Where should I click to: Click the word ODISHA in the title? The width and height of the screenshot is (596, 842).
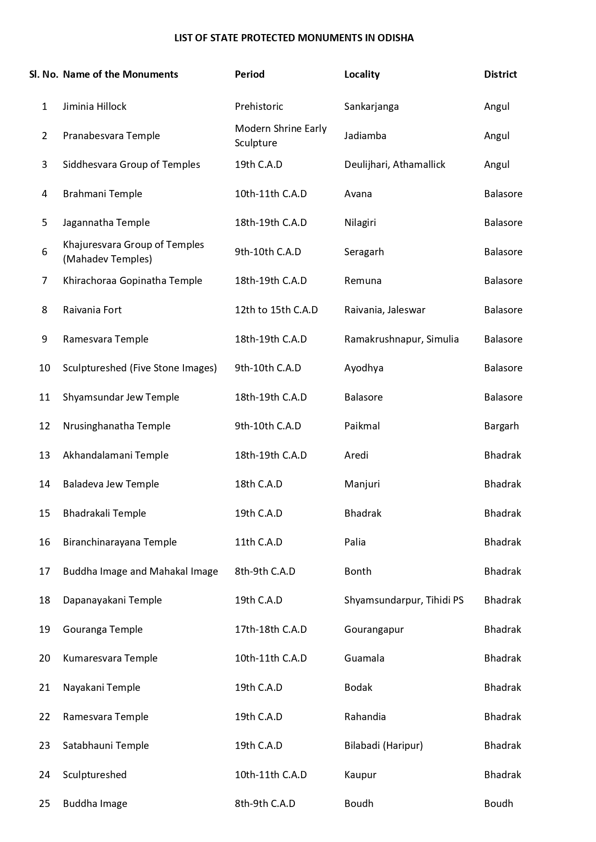pos(395,38)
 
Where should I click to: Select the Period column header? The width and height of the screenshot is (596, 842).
pos(249,74)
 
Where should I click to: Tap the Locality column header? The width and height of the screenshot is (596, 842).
pos(362,74)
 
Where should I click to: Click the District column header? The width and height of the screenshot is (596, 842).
pos(500,74)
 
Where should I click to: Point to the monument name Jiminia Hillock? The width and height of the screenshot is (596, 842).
pos(95,107)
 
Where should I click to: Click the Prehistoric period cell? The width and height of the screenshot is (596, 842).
pos(259,107)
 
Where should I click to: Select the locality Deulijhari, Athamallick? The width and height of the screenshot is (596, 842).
pos(394,165)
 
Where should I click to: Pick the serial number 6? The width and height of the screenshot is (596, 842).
pos(45,252)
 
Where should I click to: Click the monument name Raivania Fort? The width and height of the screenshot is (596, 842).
pos(92,310)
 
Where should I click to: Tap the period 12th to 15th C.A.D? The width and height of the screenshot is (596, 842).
pos(276,310)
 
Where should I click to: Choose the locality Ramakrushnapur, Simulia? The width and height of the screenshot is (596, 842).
pos(401,339)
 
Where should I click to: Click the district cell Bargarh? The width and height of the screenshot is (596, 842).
pos(501,426)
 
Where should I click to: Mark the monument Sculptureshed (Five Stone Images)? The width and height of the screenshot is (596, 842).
pos(140,368)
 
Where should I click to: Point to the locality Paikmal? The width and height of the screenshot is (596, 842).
pos(362,426)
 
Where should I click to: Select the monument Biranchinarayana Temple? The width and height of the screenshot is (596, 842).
pos(120,542)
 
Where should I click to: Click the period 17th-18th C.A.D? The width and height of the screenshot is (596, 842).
pos(270,629)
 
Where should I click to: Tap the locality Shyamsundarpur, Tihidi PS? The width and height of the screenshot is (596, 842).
pos(403,600)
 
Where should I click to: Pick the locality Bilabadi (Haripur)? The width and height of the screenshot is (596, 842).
pos(383,746)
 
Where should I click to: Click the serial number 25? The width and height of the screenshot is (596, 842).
pos(45,804)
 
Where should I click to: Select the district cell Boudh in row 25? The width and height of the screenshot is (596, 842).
pos(498,804)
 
